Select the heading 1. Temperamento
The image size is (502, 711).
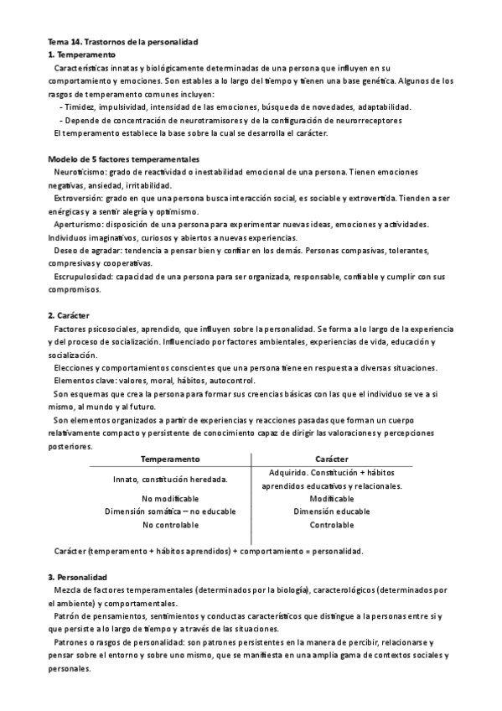[x=82, y=54]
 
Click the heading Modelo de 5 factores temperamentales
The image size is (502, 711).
[x=124, y=158]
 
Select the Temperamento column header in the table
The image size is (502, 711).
[x=170, y=459]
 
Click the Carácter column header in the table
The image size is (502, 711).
[x=331, y=459]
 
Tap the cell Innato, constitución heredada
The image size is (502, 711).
[x=170, y=479]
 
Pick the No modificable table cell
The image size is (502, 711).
[x=170, y=499]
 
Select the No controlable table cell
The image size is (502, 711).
[x=170, y=525]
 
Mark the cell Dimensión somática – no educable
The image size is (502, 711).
[x=170, y=511]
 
